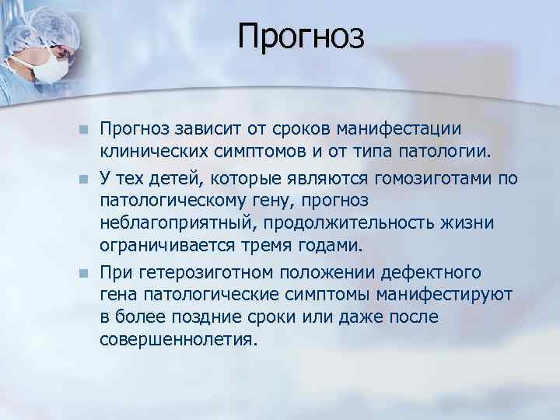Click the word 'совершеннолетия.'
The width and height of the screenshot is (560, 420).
[177, 340]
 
